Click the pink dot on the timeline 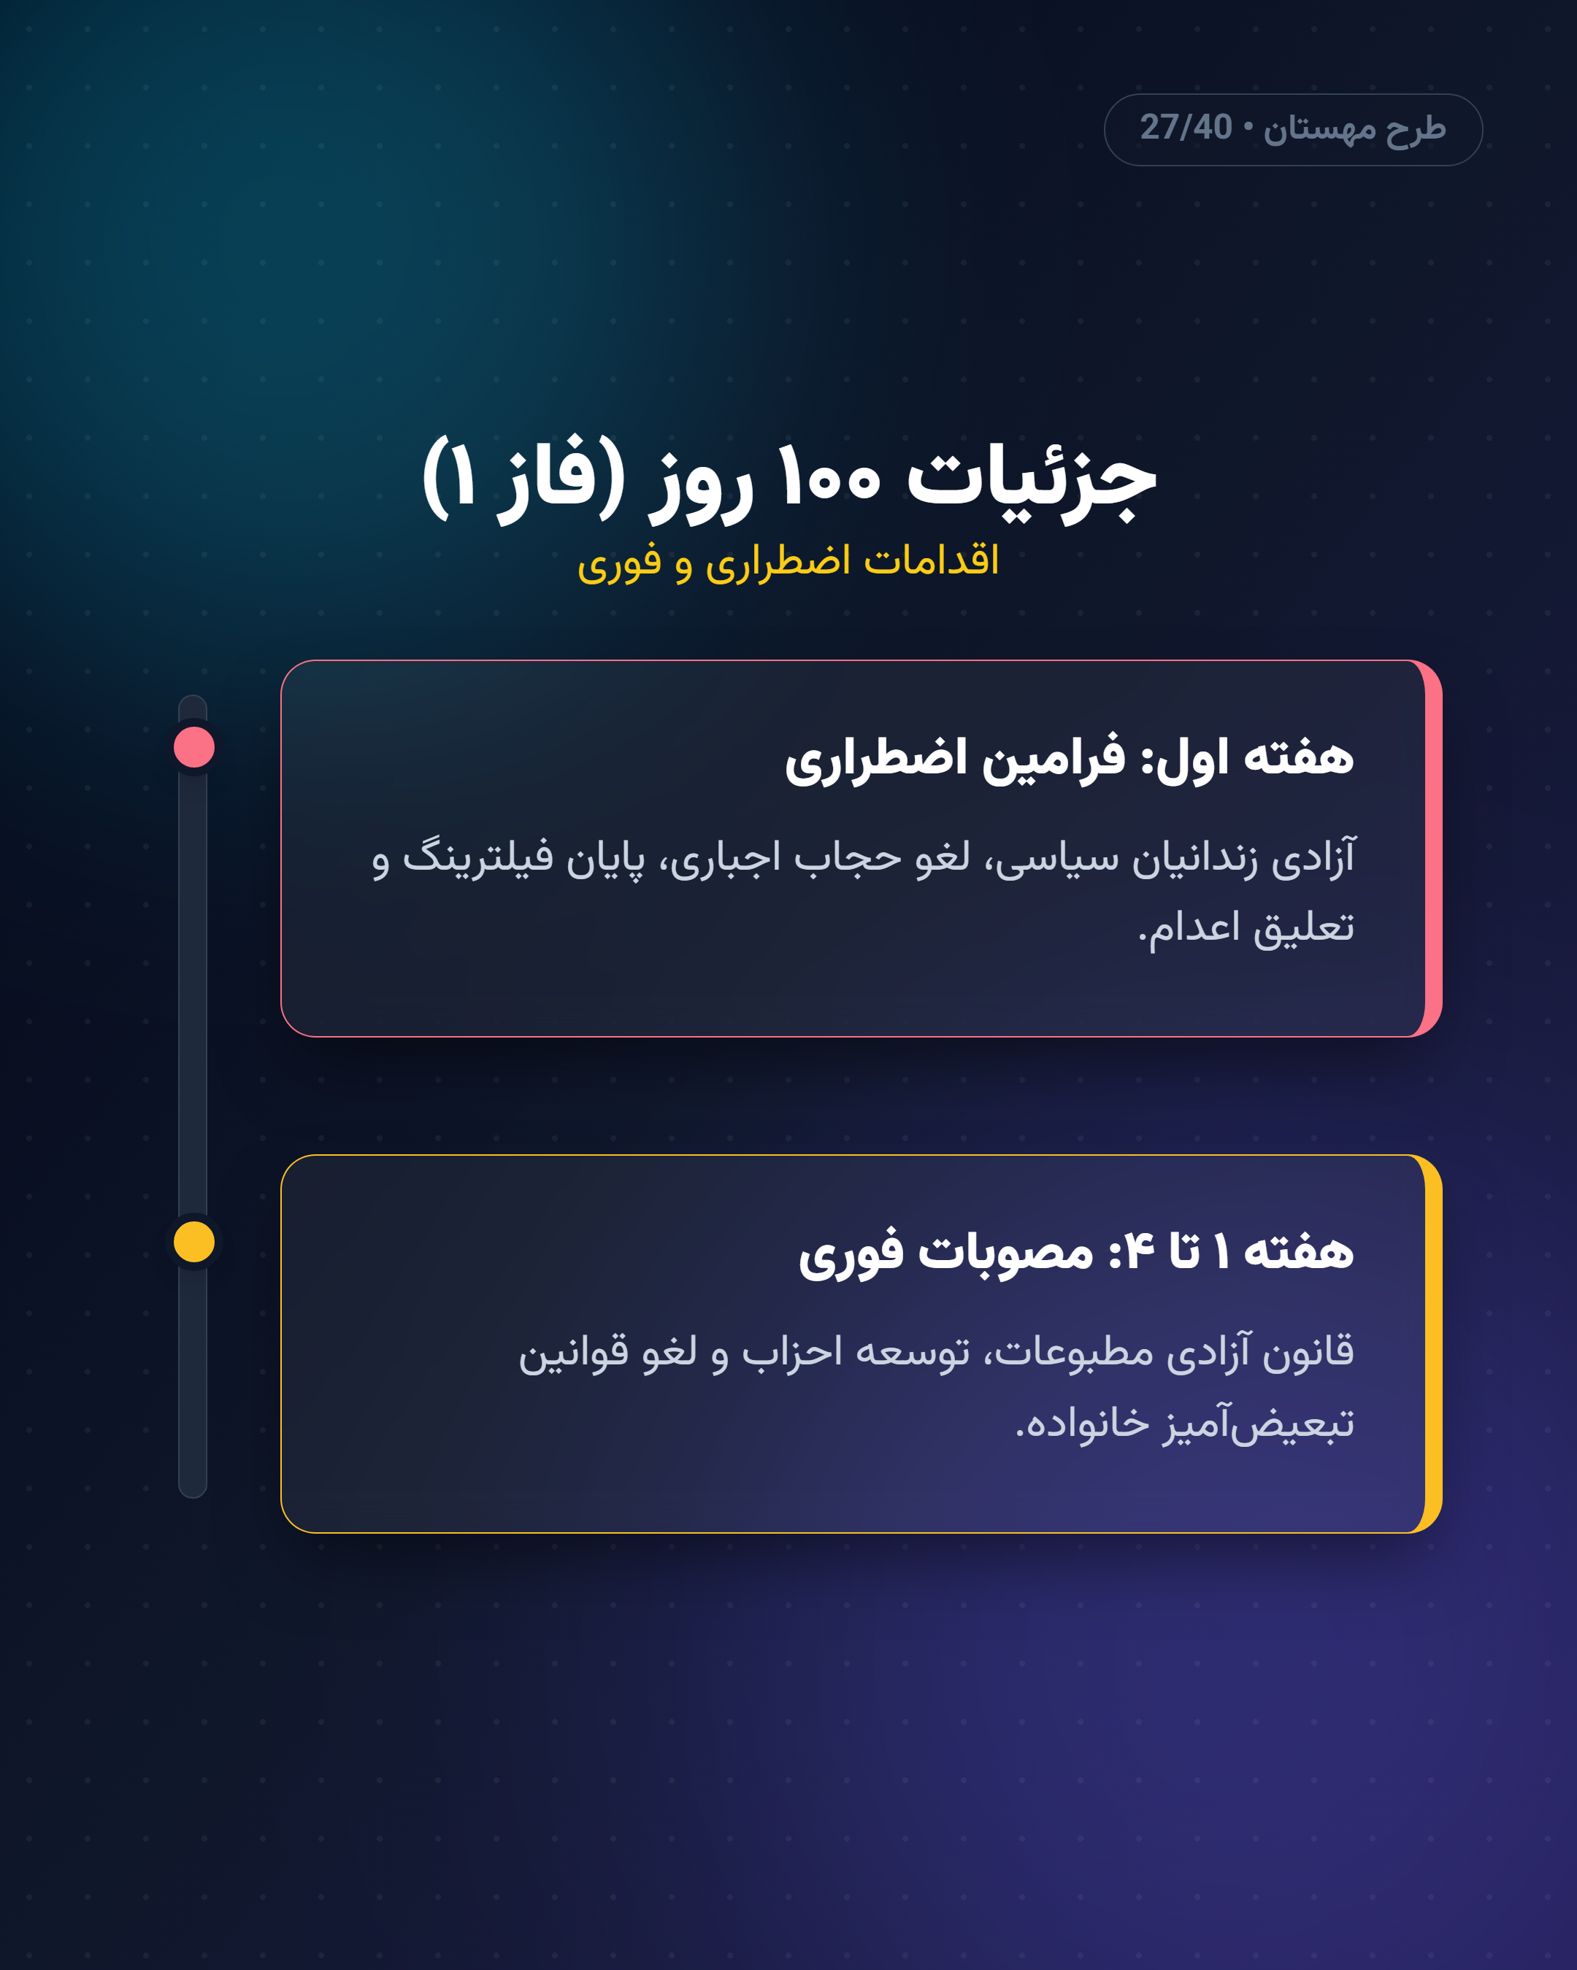coord(193,747)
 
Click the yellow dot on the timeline coord(193,1242)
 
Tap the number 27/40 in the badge coord(1186,128)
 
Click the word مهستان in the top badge coord(1319,130)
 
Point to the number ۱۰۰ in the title coord(828,477)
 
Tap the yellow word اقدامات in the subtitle coord(932,560)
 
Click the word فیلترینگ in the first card coord(478,858)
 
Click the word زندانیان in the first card coord(1195,860)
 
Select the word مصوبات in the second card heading coord(1005,1252)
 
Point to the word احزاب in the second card coord(791,1352)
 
